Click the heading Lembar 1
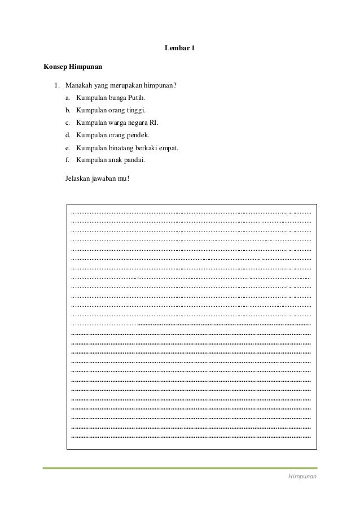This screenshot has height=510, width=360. click(x=179, y=49)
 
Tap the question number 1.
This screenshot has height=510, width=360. click(x=56, y=85)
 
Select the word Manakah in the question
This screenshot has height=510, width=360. click(x=77, y=85)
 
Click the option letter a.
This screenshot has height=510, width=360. click(x=68, y=98)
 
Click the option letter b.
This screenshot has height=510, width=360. click(x=68, y=110)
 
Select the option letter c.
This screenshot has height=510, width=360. click(x=68, y=123)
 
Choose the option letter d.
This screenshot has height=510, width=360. click(x=68, y=135)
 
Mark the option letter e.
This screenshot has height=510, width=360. click(x=68, y=148)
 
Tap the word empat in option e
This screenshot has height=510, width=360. click(x=169, y=148)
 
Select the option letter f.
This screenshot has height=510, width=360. click(x=68, y=160)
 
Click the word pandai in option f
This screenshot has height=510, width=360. click(x=134, y=160)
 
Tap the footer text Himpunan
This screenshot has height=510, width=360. click(x=302, y=477)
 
